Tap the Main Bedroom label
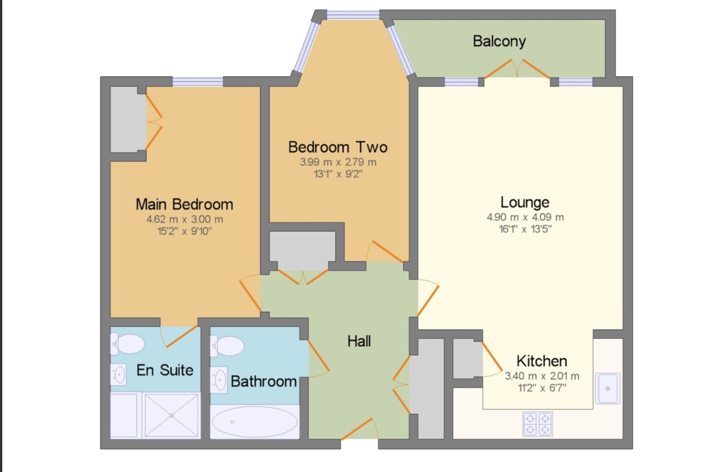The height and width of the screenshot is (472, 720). (184, 204)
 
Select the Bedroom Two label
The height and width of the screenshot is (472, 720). (338, 147)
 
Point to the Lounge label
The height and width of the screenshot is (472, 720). (525, 202)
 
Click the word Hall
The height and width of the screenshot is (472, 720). (359, 341)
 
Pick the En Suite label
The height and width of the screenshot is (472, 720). (165, 370)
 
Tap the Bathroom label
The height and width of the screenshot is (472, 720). (264, 382)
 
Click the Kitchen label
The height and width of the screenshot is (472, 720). (542, 361)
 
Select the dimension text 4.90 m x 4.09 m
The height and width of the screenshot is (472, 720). (525, 217)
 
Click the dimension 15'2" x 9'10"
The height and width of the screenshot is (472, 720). (184, 231)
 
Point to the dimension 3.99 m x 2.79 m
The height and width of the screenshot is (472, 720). (338, 162)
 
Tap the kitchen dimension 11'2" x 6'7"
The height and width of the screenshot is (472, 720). (542, 388)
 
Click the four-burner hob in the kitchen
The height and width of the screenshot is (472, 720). (537, 424)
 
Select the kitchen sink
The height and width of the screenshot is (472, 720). (607, 388)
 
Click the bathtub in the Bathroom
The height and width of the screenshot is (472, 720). (255, 422)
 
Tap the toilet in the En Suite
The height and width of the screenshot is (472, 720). (127, 343)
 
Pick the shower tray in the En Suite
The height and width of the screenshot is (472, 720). (171, 415)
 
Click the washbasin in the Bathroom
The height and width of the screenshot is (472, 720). (219, 380)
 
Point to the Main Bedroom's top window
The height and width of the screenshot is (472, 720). (198, 81)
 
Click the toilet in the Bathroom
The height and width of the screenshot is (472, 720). (227, 346)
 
